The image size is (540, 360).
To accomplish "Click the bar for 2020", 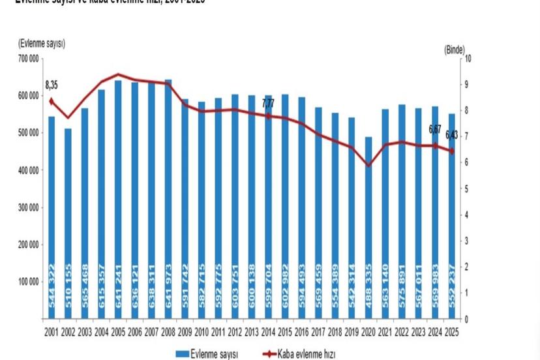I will [x=369, y=228].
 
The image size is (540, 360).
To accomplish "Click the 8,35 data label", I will [x=52, y=85].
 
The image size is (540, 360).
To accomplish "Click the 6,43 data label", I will [x=452, y=135].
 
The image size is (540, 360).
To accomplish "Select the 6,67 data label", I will [x=435, y=129].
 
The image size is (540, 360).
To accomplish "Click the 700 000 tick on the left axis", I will [x=27, y=59].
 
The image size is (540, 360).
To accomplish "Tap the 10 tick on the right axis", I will [x=468, y=59].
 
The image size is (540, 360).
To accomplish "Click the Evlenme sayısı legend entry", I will [x=208, y=353].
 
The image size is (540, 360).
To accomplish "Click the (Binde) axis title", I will [x=455, y=49].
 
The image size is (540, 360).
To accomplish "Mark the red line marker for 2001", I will [x=52, y=101].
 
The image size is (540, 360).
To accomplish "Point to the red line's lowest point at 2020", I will [x=369, y=165].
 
